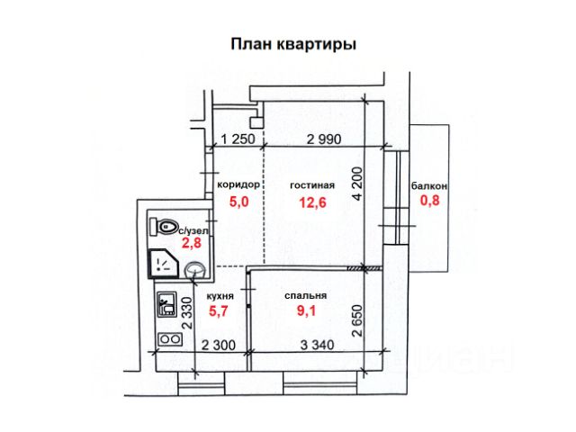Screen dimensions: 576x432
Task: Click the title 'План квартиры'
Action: coord(293,43)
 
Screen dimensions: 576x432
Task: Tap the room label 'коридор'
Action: coord(238,184)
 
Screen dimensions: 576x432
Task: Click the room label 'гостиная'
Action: coord(311,185)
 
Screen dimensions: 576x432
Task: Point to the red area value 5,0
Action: coord(239,202)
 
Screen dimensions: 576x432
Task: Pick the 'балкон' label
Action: coord(428,185)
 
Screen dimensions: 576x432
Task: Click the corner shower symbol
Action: coord(163,263)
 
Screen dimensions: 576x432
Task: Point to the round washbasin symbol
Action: coord(195,268)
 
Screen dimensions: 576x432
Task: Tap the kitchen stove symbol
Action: coord(168,339)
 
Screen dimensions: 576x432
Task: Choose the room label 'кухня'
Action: coord(220,295)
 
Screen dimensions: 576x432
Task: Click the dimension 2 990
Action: coord(323,139)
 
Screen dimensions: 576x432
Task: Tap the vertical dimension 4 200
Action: coord(356,184)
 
